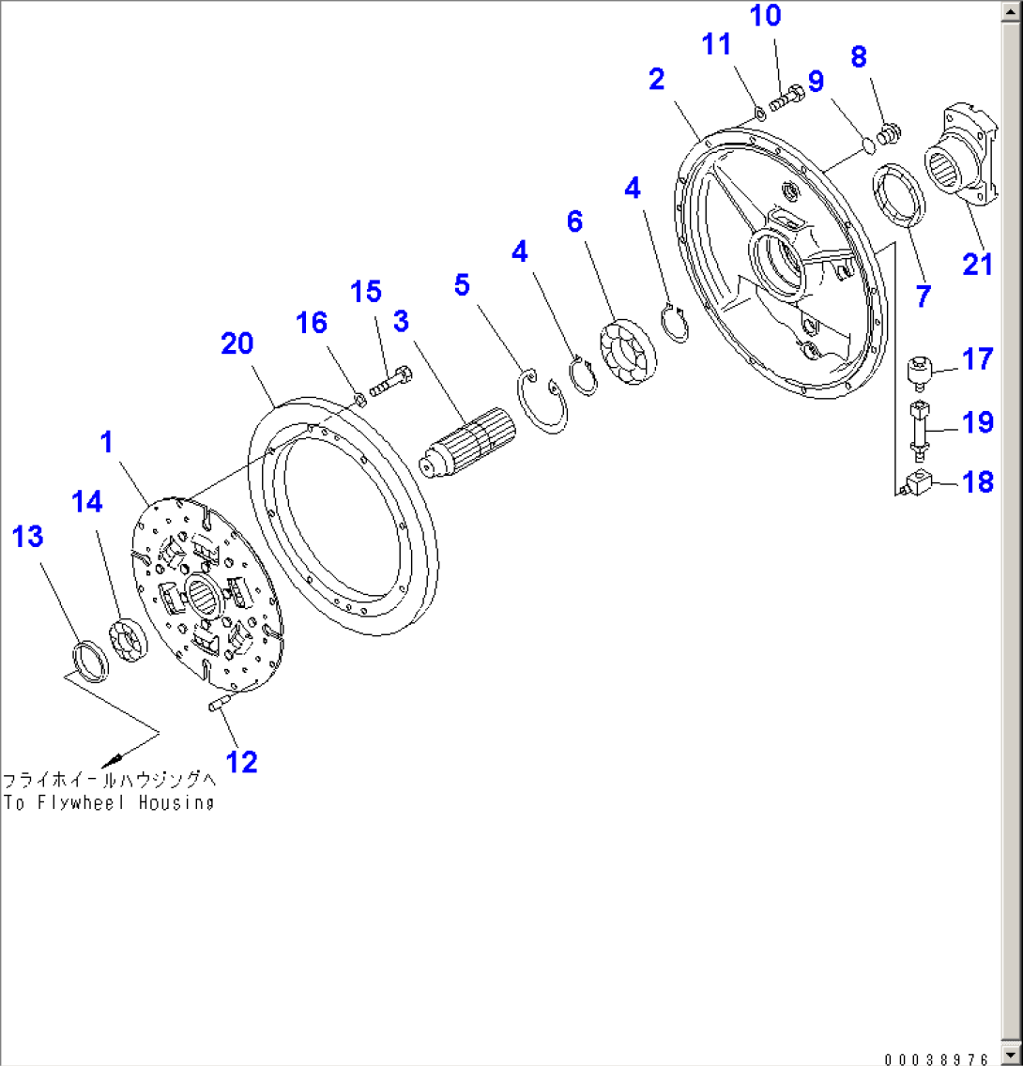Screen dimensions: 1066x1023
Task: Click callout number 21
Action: [977, 265]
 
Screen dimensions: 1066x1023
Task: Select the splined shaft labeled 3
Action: [466, 442]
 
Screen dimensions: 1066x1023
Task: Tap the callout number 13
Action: [27, 537]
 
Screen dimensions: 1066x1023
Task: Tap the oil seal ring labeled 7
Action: [901, 194]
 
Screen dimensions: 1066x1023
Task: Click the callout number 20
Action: [237, 344]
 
